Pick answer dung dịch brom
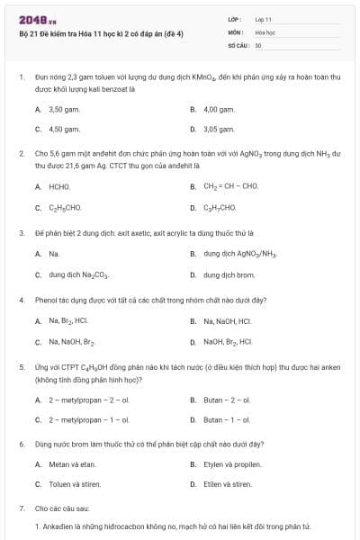coord(229,274)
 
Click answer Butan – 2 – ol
coord(227,399)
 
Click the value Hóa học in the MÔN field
coord(265,31)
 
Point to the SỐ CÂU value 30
coord(258,44)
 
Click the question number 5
coord(21,367)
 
